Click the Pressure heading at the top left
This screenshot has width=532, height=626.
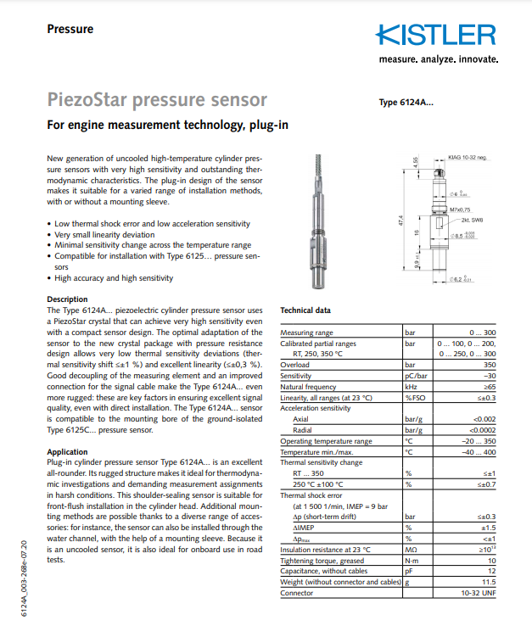[70, 29]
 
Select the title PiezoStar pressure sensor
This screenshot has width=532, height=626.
[157, 101]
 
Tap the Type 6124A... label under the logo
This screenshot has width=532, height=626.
[406, 103]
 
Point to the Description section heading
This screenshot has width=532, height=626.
[67, 299]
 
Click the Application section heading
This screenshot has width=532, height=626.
[67, 452]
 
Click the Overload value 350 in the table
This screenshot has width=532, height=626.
[487, 365]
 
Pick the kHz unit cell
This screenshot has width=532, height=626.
[412, 386]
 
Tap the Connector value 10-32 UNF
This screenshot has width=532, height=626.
[478, 593]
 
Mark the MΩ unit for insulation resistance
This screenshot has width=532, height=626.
[412, 549]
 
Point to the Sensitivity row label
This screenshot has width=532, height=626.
[296, 375]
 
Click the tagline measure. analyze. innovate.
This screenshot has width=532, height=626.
[439, 59]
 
